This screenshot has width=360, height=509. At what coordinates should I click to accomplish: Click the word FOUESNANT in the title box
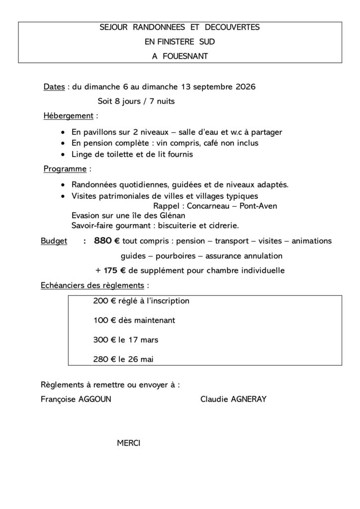pos(185,56)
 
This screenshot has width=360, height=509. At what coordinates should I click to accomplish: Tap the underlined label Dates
pos(54,87)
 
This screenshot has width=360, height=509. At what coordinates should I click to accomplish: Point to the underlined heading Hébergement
pos(68,116)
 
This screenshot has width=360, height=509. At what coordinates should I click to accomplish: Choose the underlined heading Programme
pos(65,169)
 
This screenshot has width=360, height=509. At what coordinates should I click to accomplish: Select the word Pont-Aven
pos(258,206)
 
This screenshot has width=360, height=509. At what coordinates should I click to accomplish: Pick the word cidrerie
pos(222,225)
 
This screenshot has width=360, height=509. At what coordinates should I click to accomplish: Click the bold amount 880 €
pos(106,241)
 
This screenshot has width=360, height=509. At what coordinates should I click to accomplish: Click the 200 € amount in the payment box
pos(104,301)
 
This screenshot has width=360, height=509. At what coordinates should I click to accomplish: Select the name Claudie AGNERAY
pos(233,399)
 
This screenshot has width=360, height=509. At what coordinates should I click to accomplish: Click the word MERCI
pos(129,442)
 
